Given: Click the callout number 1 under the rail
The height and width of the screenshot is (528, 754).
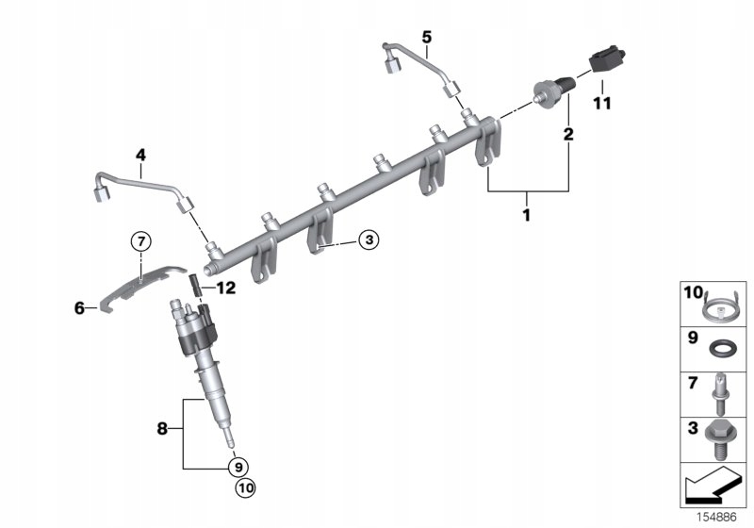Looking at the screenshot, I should point(527,216).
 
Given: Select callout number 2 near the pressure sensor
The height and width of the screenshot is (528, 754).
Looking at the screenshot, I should point(568,135).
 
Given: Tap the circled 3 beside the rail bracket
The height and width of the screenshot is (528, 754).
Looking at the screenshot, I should point(369,241).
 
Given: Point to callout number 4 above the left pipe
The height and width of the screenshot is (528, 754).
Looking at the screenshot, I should point(139,155).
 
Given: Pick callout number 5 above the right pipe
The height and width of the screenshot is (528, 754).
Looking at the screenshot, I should point(426,37).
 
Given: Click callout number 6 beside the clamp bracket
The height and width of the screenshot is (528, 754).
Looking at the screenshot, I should point(80,307).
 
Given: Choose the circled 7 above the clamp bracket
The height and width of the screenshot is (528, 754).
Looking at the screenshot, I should point(139,241).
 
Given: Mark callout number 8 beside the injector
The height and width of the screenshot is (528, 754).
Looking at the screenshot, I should point(163,429).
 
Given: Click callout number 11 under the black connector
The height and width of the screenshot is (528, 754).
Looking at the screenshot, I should point(601,101).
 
